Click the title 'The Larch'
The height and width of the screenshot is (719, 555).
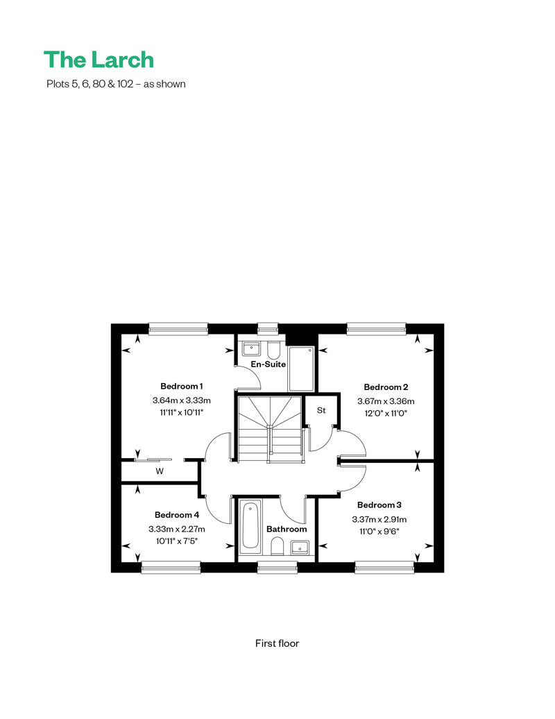click(x=99, y=60)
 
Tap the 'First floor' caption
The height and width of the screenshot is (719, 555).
click(x=277, y=643)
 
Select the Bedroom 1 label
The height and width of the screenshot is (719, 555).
click(x=182, y=386)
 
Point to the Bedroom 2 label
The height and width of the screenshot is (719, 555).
click(x=386, y=387)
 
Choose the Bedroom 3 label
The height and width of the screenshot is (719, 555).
click(x=379, y=505)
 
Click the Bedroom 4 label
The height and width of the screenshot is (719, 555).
click(x=177, y=515)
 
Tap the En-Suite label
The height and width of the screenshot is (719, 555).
click(x=268, y=364)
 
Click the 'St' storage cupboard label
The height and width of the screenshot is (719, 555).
click(x=321, y=410)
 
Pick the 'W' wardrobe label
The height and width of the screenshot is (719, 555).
click(x=160, y=471)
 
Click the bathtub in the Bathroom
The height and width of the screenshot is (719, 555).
click(x=250, y=525)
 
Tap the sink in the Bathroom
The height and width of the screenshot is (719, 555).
click(x=300, y=548)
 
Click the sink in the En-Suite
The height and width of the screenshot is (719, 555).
click(x=251, y=349)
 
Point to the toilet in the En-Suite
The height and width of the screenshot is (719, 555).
click(x=273, y=350)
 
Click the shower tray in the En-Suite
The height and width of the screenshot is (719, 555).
click(x=301, y=369)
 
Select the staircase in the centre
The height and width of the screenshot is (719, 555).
click(x=270, y=429)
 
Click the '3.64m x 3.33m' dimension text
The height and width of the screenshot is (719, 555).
click(x=182, y=400)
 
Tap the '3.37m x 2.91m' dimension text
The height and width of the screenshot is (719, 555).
click(x=379, y=520)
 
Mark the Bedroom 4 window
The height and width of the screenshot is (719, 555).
click(x=171, y=568)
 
